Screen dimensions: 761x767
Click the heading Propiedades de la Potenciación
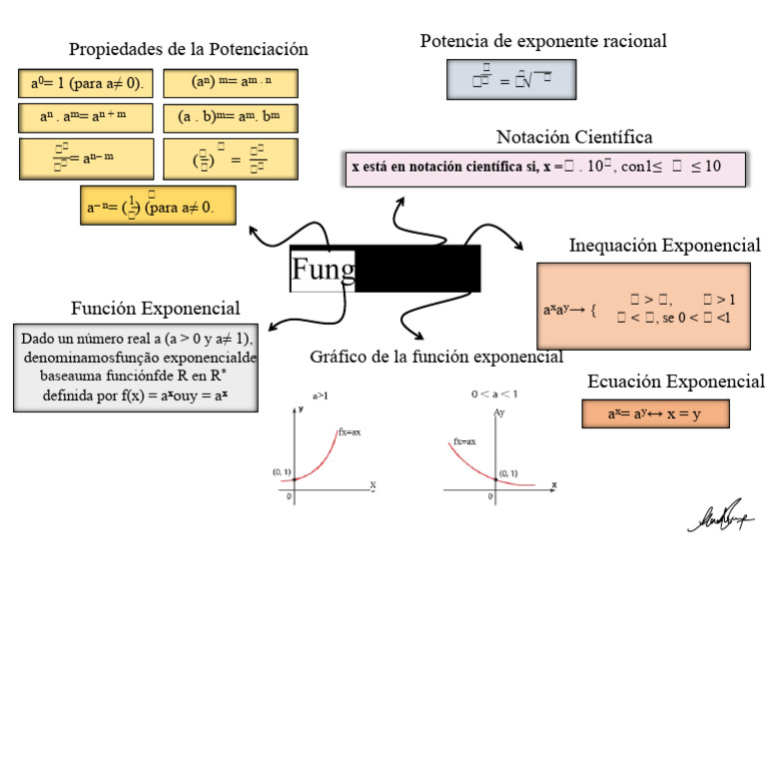(x=188, y=49)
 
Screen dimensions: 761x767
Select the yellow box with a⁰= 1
(x=86, y=83)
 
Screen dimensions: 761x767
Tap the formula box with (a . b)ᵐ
(x=230, y=118)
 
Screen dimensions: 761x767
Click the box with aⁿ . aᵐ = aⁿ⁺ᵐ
(x=86, y=118)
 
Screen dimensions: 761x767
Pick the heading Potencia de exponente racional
(x=543, y=41)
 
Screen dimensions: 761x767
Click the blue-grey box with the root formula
(x=510, y=80)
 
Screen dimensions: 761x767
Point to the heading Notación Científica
(x=574, y=137)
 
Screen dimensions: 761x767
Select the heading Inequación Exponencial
(x=664, y=246)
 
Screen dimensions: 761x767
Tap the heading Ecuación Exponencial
(x=676, y=381)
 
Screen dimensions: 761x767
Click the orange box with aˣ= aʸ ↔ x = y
(x=655, y=413)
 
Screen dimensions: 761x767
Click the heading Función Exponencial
(x=155, y=308)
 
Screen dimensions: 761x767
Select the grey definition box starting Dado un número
(x=136, y=367)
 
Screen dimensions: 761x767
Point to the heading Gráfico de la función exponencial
(x=436, y=357)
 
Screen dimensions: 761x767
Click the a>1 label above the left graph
(x=322, y=396)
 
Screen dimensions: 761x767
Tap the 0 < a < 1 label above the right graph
(x=494, y=394)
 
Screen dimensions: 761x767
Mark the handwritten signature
(x=720, y=516)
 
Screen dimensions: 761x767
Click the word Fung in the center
(x=323, y=269)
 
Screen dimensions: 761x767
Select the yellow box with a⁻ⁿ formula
(x=158, y=206)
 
